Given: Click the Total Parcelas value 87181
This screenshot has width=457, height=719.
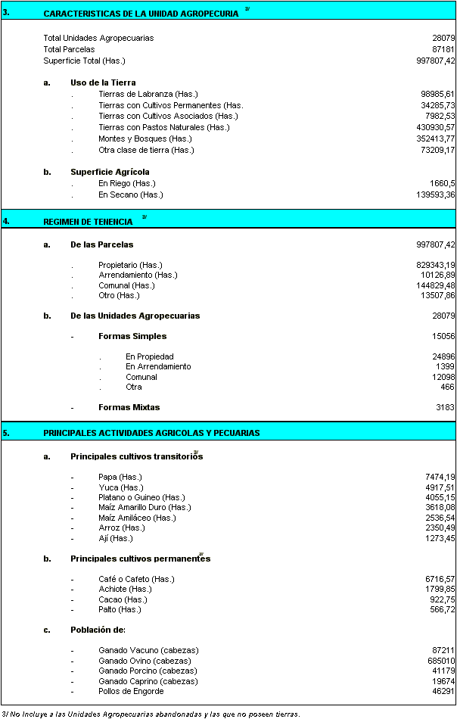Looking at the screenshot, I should pos(443,48).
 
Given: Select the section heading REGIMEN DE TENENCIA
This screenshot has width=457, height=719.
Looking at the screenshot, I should pos(88,222).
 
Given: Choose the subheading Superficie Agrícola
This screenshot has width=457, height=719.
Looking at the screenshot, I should pos(110,172).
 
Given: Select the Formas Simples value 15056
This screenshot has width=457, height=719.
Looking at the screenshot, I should pos(443,336).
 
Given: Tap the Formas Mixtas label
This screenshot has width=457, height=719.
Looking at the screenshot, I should pos(129,407).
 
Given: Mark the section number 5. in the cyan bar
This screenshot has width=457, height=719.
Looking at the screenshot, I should pos(6,433).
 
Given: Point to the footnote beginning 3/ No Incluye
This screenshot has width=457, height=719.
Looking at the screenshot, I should pos(151,713).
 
